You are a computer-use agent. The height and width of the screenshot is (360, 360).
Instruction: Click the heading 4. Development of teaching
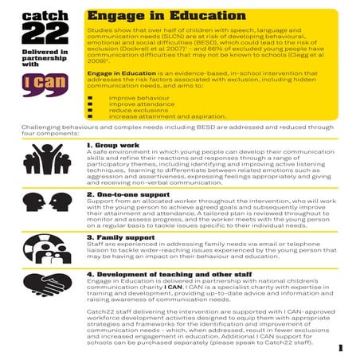[x=168, y=275]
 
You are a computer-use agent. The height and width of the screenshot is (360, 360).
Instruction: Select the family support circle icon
[x=41, y=250]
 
